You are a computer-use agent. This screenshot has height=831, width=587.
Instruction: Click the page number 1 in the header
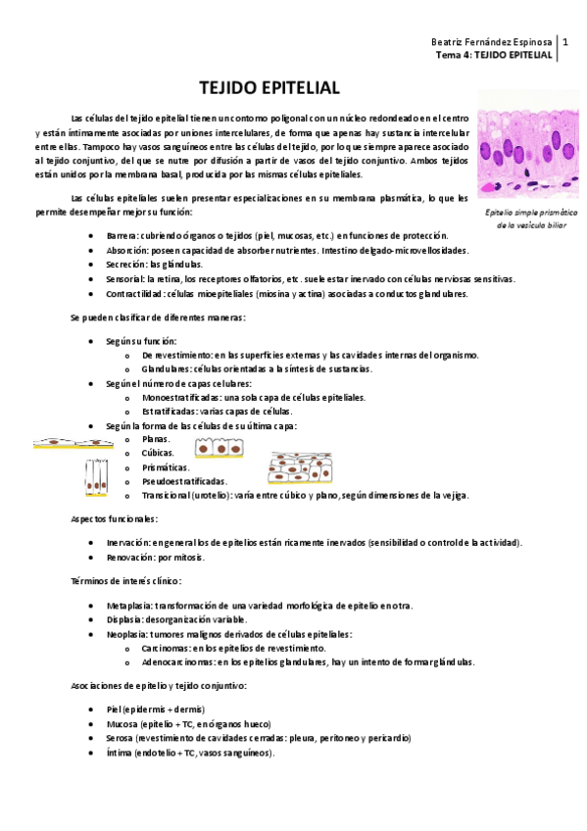click(565, 43)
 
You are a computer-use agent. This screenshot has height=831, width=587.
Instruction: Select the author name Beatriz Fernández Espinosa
click(492, 43)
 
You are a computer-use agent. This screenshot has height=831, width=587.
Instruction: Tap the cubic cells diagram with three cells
click(220, 449)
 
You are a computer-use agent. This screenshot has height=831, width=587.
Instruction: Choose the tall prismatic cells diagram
click(95, 477)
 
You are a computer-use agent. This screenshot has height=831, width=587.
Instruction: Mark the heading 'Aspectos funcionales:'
click(114, 517)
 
